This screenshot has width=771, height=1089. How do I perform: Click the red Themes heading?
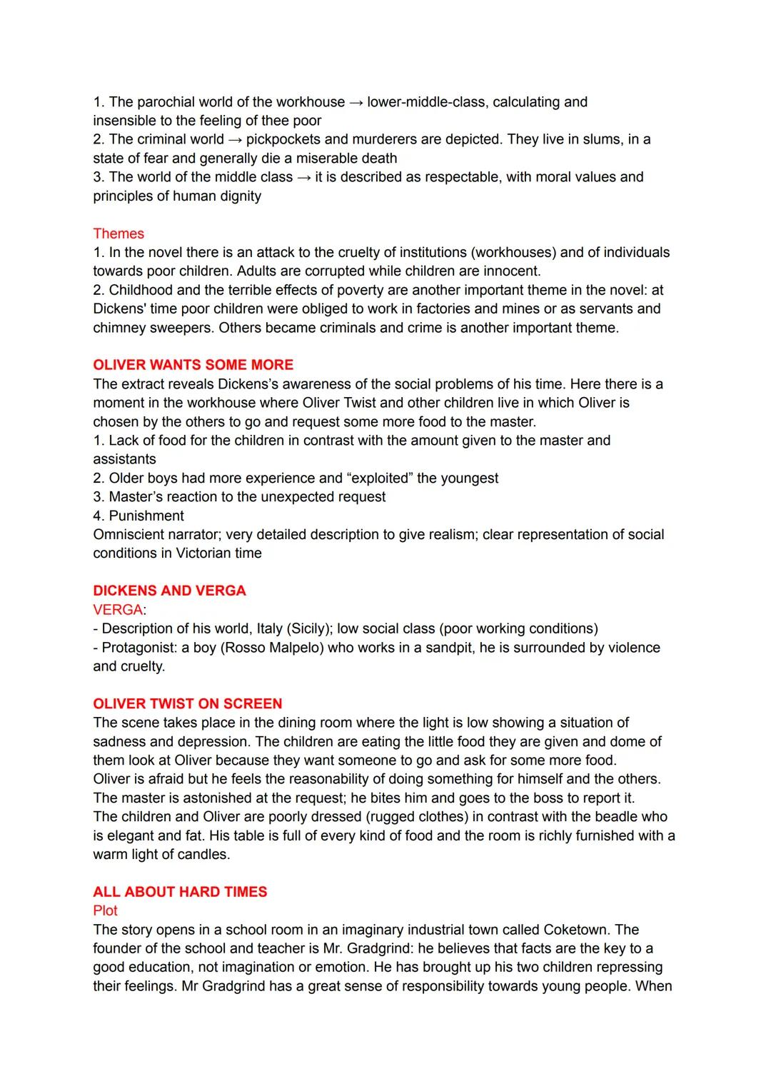(x=119, y=234)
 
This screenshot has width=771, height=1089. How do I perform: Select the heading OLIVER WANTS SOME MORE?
(x=193, y=365)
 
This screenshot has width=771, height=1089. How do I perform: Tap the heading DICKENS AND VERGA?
(x=169, y=591)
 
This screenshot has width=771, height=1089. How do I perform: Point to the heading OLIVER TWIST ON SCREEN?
(x=187, y=703)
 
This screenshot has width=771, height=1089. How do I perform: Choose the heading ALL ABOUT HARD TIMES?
(x=180, y=892)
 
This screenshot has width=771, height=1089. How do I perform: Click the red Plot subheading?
(x=105, y=910)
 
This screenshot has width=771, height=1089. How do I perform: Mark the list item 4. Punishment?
(x=138, y=516)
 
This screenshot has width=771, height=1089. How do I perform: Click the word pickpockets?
(x=283, y=139)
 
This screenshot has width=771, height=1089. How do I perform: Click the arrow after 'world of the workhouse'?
(x=356, y=102)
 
